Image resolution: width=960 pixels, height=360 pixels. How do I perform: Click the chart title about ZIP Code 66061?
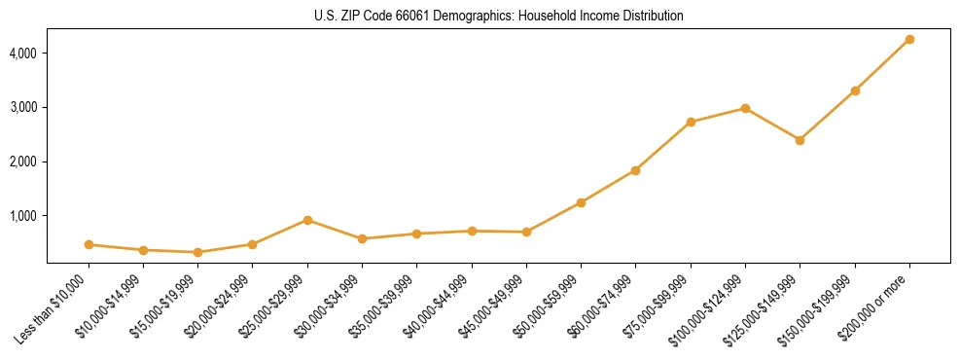point(499,16)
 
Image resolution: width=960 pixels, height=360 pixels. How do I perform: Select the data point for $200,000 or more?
point(909,39)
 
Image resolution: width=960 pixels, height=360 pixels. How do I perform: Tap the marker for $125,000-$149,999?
point(800,140)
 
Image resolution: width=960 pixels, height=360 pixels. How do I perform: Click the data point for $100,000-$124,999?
point(745,108)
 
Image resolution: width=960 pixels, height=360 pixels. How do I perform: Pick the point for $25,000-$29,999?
point(307,220)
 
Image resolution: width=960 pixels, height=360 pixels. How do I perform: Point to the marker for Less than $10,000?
point(89,244)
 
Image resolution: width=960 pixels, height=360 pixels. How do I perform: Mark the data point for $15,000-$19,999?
point(198,252)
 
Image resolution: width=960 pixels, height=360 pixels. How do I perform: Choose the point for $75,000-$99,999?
point(691,122)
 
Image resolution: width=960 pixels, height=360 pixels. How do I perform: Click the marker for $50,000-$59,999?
point(581,202)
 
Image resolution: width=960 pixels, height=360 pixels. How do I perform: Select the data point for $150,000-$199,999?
point(855,90)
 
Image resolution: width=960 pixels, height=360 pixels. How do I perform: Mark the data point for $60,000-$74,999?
point(635,170)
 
